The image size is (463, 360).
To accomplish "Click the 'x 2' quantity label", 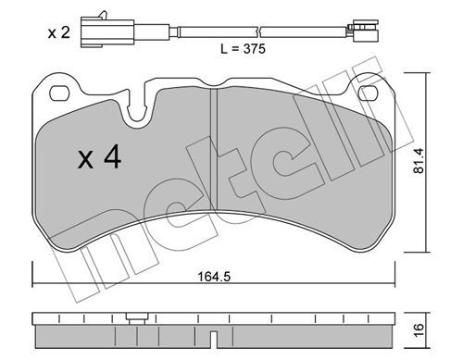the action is pyautogui.click(x=59, y=32).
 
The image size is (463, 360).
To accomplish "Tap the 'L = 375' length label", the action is pyautogui.click(x=243, y=49).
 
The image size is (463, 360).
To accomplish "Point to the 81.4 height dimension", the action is pyautogui.click(x=419, y=161).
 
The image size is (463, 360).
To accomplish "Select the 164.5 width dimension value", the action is pyautogui.click(x=214, y=277).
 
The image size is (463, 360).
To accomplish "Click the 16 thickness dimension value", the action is pyautogui.click(x=419, y=330).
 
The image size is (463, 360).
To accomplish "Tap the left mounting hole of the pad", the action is pyautogui.click(x=58, y=93).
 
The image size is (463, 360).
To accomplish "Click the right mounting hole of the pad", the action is pyautogui.click(x=369, y=93).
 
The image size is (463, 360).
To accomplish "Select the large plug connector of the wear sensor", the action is pyautogui.click(x=107, y=32).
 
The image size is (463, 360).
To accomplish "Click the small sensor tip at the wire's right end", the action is pyautogui.click(x=363, y=31).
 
